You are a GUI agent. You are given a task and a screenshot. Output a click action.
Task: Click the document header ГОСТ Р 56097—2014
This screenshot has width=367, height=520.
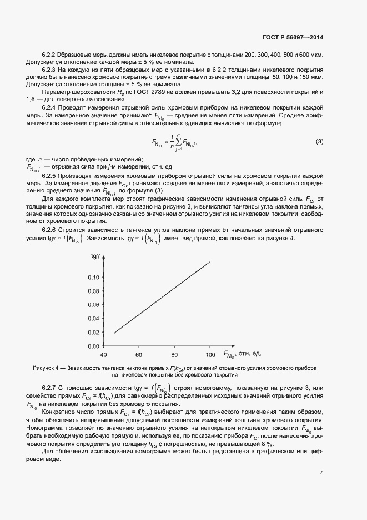click(292, 37)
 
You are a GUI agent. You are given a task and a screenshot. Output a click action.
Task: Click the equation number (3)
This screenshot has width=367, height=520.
click(319, 142)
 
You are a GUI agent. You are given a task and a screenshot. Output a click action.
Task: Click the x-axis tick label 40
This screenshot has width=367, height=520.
click(103, 355)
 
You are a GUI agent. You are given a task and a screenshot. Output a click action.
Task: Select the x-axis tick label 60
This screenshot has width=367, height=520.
click(139, 355)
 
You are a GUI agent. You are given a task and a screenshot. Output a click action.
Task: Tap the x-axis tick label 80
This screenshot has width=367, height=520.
click(174, 355)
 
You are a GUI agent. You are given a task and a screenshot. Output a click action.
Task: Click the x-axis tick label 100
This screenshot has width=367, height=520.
click(210, 355)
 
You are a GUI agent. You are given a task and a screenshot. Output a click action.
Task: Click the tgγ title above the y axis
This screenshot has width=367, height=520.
click(95, 256)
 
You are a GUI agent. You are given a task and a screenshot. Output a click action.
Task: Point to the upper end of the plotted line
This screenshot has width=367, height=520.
click(210, 261)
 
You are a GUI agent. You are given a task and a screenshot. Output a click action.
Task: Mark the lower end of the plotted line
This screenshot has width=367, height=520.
click(114, 333)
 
